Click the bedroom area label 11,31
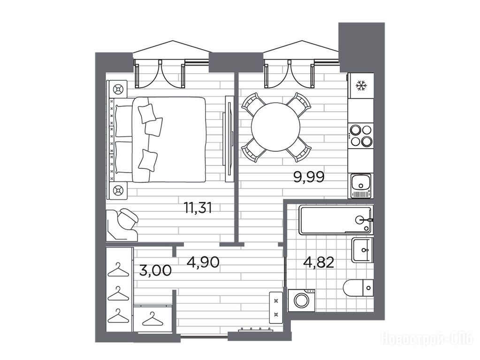(198, 208)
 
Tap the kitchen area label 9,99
(309, 177)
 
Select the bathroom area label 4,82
(319, 262)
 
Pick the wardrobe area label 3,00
(155, 270)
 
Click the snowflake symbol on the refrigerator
(361, 86)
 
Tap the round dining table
(275, 127)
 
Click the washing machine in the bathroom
(302, 300)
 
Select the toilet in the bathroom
(358, 288)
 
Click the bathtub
(336, 220)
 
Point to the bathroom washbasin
(362, 250)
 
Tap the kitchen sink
(361, 186)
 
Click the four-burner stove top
(361, 135)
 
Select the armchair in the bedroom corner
(122, 225)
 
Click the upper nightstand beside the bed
(117, 90)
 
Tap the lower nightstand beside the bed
(117, 191)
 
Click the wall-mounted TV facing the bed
(229, 139)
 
